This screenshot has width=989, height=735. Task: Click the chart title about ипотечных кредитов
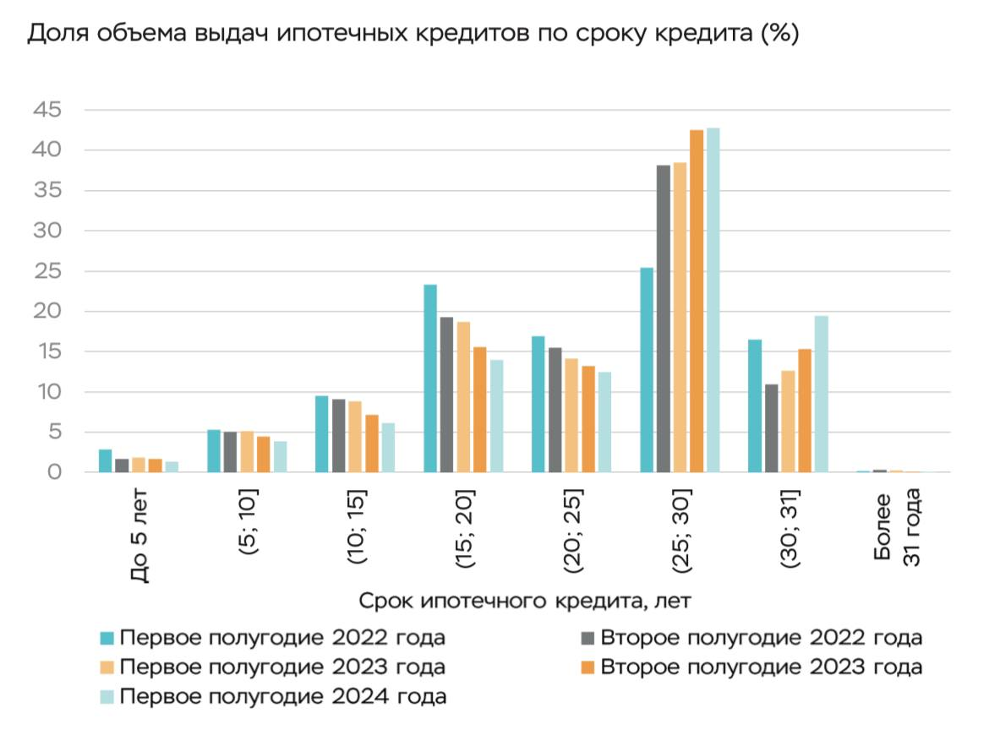(x=413, y=35)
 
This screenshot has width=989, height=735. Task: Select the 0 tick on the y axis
(x=54, y=472)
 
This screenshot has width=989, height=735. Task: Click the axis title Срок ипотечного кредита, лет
(x=525, y=602)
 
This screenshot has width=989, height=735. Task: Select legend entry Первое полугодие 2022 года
(x=282, y=637)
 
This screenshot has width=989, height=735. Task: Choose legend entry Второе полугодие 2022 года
(x=761, y=637)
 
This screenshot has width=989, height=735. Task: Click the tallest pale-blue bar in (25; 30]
(x=713, y=300)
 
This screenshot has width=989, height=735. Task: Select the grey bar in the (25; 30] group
(x=663, y=318)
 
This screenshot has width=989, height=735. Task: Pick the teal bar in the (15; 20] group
(x=430, y=378)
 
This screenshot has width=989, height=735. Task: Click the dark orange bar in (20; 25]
(x=588, y=419)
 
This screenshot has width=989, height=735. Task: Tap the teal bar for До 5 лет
(x=106, y=461)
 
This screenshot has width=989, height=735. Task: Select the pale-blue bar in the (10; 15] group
(x=388, y=448)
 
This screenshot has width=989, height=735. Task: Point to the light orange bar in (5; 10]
(x=247, y=452)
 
